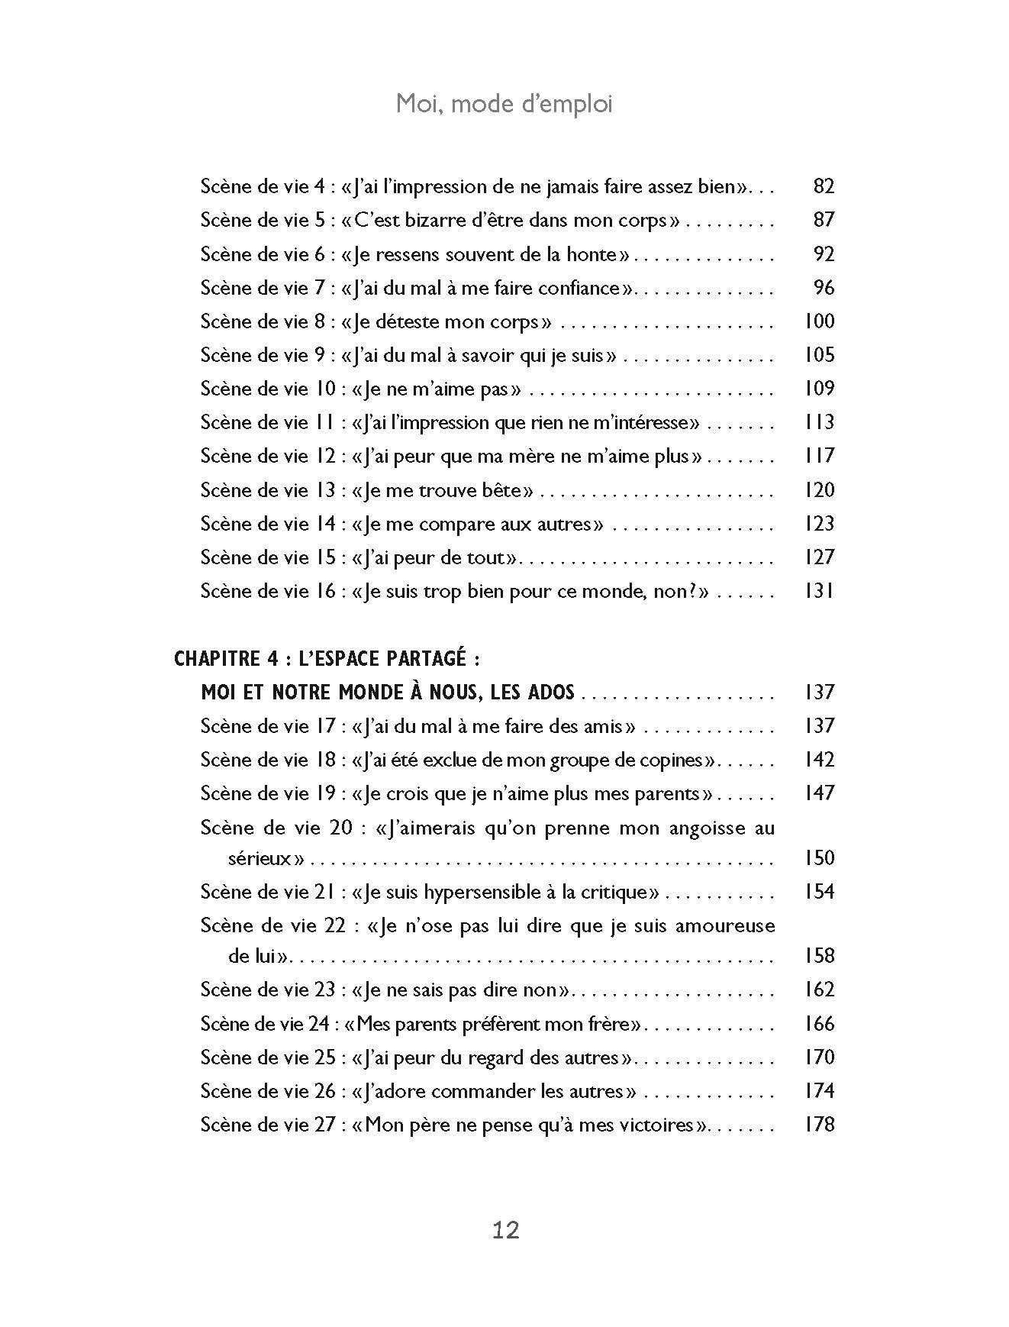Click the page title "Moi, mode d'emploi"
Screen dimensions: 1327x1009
point(504,104)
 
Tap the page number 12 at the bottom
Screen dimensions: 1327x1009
point(505,1229)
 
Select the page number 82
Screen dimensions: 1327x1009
point(824,186)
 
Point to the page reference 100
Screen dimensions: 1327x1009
point(819,321)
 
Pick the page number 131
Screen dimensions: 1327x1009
point(819,591)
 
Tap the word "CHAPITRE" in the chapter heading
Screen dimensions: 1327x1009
point(211,659)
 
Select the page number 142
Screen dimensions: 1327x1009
point(819,760)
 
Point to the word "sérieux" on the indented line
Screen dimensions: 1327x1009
point(260,859)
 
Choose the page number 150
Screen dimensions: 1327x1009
point(819,858)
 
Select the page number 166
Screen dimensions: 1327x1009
point(819,1023)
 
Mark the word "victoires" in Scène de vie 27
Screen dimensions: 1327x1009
point(657,1125)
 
